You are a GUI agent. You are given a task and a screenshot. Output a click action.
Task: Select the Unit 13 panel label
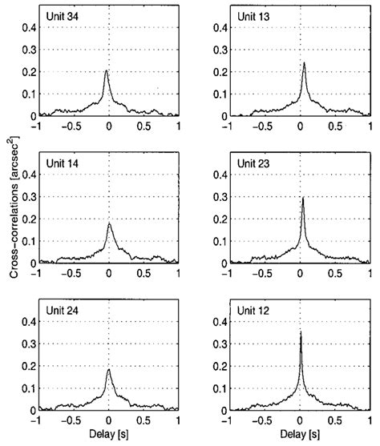252,17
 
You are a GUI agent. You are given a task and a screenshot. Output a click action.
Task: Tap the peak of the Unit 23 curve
303,198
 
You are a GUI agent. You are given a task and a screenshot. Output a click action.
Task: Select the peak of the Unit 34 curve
106,70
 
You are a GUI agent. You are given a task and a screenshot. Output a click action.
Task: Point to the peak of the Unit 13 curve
304,62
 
